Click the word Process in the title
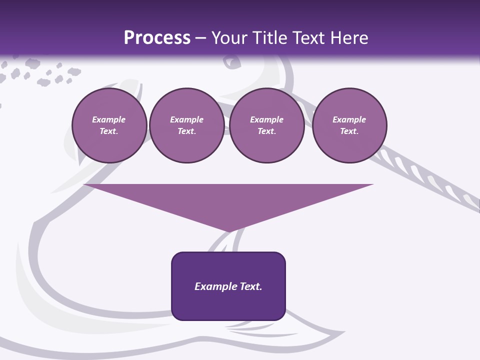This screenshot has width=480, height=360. (x=157, y=38)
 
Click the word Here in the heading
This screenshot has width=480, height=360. (x=349, y=38)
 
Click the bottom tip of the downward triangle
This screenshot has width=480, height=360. (x=229, y=231)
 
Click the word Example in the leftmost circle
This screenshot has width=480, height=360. (x=109, y=119)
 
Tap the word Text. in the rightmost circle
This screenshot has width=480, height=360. (x=349, y=131)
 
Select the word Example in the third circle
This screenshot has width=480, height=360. (x=267, y=119)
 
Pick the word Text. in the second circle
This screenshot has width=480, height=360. (x=187, y=131)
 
